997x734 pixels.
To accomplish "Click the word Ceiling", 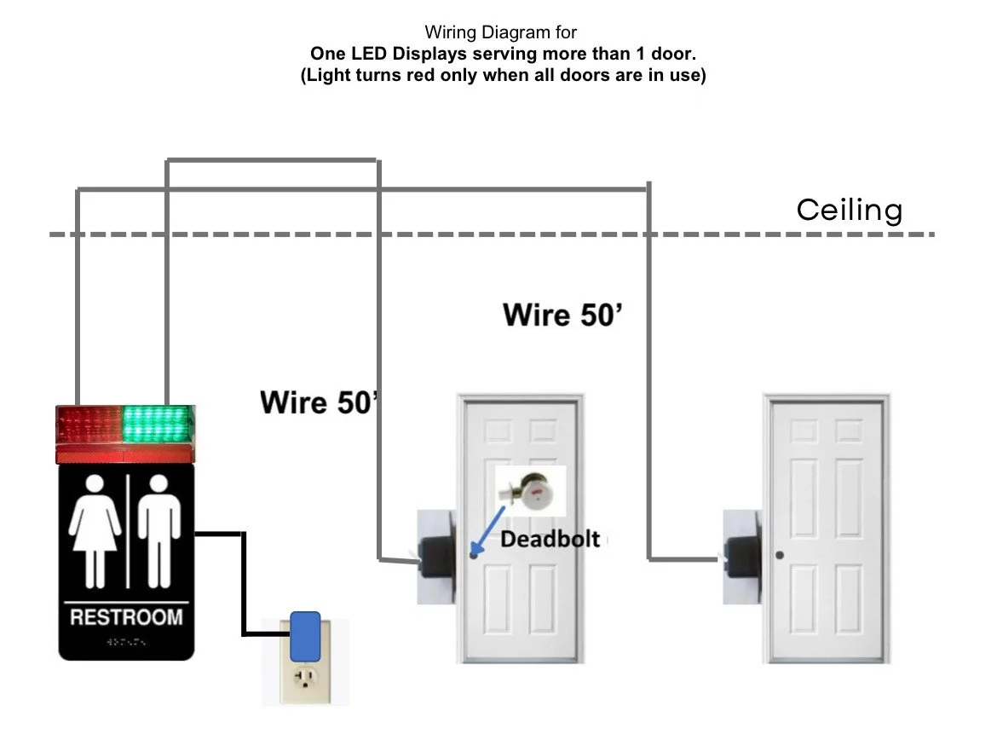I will click(849, 210).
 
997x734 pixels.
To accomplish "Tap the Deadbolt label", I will click(549, 539).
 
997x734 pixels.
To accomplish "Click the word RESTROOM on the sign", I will click(126, 616).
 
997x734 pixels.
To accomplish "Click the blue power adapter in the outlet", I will click(304, 636).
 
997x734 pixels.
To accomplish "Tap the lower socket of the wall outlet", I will click(304, 679).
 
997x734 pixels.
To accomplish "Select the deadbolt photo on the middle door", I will click(531, 490).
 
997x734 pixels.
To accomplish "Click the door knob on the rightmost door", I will click(780, 556).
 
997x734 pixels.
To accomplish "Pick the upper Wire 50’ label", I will click(562, 315).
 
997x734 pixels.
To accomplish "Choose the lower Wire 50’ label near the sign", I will click(318, 402).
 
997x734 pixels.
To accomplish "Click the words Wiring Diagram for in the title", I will click(501, 33).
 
